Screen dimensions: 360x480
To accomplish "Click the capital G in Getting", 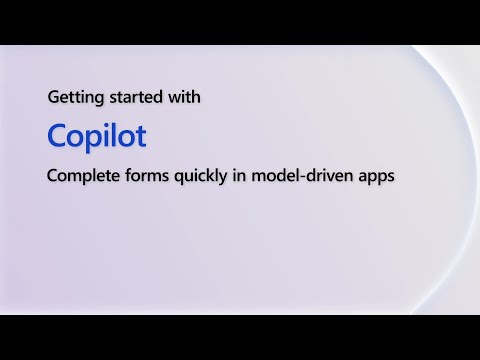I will (53, 99).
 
